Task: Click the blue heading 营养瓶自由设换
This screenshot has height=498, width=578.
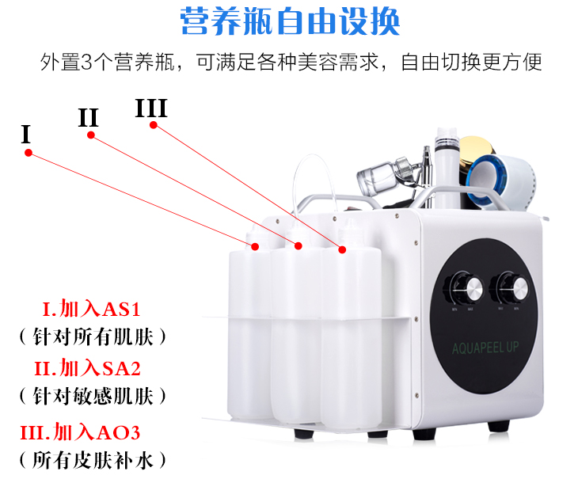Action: click(x=290, y=21)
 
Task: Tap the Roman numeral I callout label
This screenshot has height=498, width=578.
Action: click(x=25, y=134)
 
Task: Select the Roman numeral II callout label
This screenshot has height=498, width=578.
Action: click(x=89, y=118)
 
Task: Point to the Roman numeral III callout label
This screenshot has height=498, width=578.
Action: click(x=151, y=108)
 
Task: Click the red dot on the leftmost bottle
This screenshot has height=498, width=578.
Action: click(x=255, y=246)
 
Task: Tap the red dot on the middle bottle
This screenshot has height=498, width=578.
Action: click(x=299, y=246)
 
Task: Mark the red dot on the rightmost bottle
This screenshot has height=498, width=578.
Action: click(x=342, y=250)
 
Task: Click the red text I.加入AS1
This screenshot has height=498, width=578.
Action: click(x=91, y=309)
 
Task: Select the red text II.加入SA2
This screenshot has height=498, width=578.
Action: click(x=88, y=368)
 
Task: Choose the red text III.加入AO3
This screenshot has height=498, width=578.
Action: click(x=80, y=432)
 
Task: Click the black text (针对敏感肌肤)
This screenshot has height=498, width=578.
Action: click(x=93, y=396)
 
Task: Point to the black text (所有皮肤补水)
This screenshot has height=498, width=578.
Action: click(x=93, y=460)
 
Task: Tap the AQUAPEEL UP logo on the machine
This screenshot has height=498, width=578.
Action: click(x=485, y=348)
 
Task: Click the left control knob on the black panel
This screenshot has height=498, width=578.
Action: click(x=463, y=288)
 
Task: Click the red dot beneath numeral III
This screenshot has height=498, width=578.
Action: click(x=154, y=125)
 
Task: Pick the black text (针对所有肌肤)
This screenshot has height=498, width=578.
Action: click(x=93, y=336)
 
